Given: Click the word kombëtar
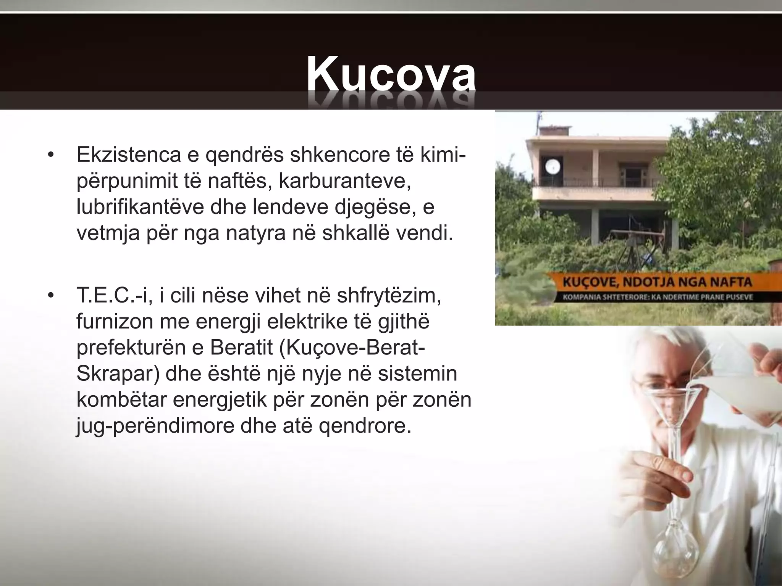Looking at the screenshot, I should pos(122,400).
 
